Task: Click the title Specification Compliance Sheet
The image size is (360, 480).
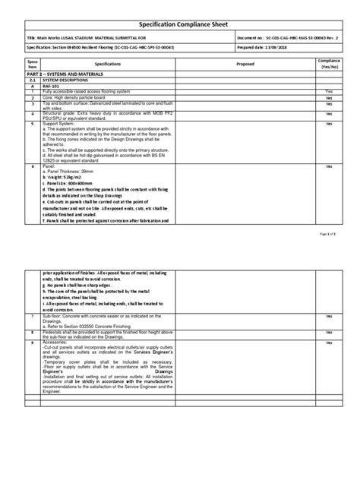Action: pos(179,24)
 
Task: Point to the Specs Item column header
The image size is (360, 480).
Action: pos(32,64)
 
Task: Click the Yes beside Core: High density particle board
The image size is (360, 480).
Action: pos(328,98)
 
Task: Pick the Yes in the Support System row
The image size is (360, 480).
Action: pos(328,122)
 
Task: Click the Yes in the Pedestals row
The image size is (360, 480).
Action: pos(328,331)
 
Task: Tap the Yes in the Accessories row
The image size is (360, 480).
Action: pos(328,343)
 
